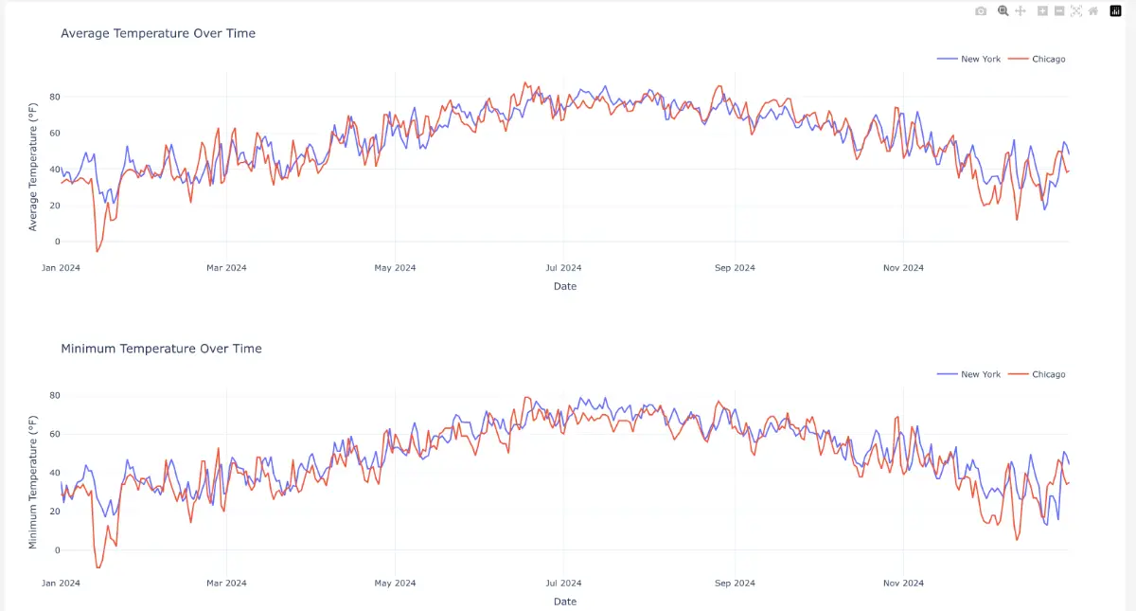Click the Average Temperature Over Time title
157,33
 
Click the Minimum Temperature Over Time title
161,349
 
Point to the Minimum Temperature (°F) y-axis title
33,482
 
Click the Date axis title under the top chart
565,286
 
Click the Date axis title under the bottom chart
565,602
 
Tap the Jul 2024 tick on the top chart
564,268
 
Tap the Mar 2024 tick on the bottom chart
226,584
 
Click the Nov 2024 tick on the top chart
903,268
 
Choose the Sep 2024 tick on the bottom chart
735,584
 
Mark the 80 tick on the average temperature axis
55,97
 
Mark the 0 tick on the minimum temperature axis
57,550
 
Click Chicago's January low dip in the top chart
97,251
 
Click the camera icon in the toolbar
981,10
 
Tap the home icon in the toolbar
1093,10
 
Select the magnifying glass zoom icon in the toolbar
1003,10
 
